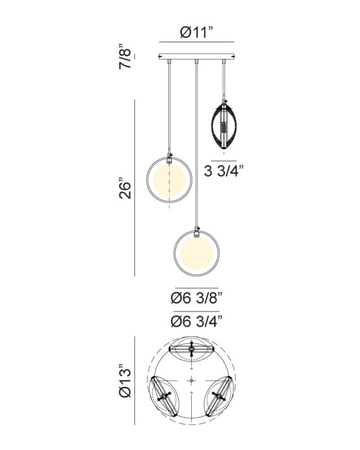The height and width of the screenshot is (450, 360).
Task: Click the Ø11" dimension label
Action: coord(197,32)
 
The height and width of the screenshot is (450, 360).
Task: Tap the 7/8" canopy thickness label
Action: coord(125,57)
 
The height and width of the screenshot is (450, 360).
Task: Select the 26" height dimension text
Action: coord(125,190)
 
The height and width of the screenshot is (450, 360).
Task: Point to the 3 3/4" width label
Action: coord(224,172)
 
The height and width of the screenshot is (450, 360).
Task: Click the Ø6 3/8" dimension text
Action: coord(197,298)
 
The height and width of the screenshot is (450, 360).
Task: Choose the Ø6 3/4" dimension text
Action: coord(197,321)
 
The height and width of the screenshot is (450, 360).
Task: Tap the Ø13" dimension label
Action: coord(125,381)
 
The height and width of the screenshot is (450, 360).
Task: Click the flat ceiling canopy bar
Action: coord(197,57)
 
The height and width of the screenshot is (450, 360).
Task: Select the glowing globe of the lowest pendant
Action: coord(197,254)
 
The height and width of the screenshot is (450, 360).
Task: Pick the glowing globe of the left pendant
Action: coord(169,179)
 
